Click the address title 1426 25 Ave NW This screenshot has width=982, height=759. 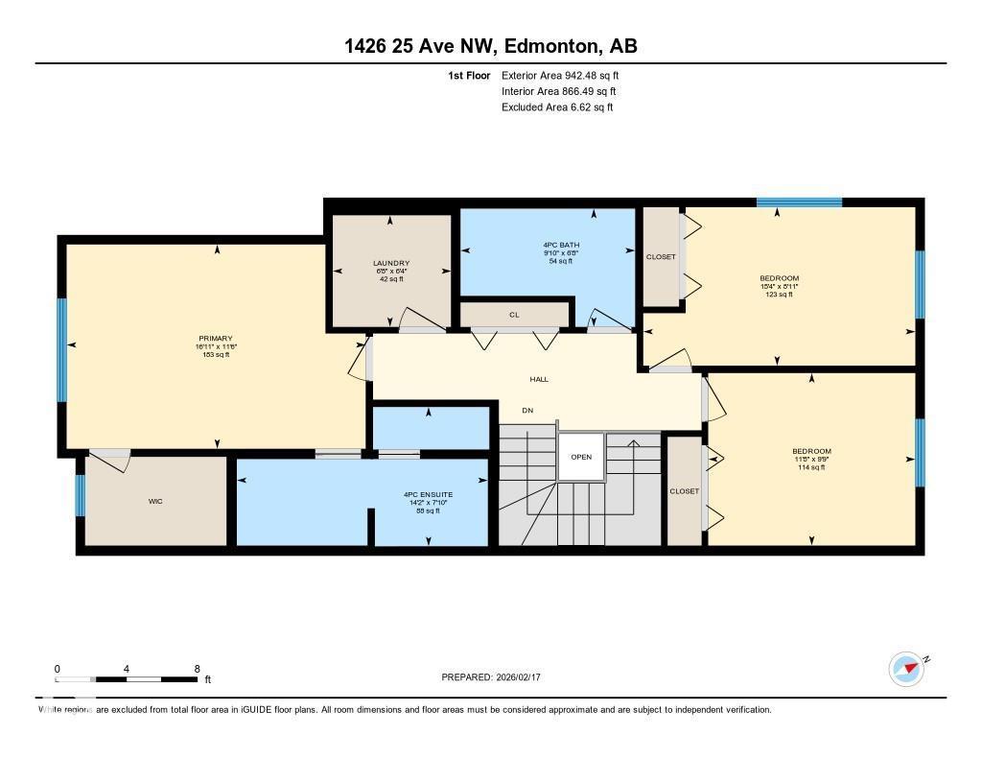point(490,46)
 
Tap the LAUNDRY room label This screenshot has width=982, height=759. point(391,264)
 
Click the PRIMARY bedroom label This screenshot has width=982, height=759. point(216,339)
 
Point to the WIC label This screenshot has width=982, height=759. point(155,501)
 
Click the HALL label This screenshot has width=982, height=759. point(539,380)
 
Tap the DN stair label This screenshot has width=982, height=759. point(527,411)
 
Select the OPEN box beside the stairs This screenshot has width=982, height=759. point(581,457)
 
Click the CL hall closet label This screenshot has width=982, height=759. point(514,314)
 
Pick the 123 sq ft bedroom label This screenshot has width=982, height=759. point(779,279)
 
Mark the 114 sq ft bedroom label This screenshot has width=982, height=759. point(811,452)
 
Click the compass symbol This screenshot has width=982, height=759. point(906,669)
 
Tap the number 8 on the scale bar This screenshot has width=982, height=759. point(197,669)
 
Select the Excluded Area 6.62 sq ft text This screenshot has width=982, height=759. point(557,107)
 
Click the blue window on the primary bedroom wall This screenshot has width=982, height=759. point(62,349)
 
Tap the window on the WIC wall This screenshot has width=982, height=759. point(81,495)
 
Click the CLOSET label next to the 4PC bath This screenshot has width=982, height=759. point(661,257)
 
